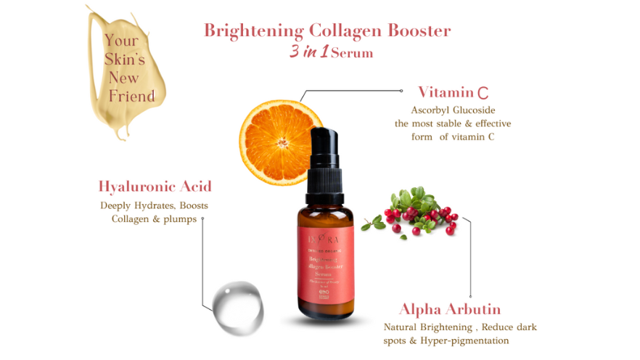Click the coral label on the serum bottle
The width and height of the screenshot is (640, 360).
[325, 265]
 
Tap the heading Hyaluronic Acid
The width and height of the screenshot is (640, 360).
[155, 187]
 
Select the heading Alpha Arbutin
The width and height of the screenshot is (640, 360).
[450, 310]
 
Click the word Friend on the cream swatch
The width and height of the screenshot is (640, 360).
[131, 97]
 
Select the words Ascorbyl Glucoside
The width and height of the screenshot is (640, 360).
[452, 110]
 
